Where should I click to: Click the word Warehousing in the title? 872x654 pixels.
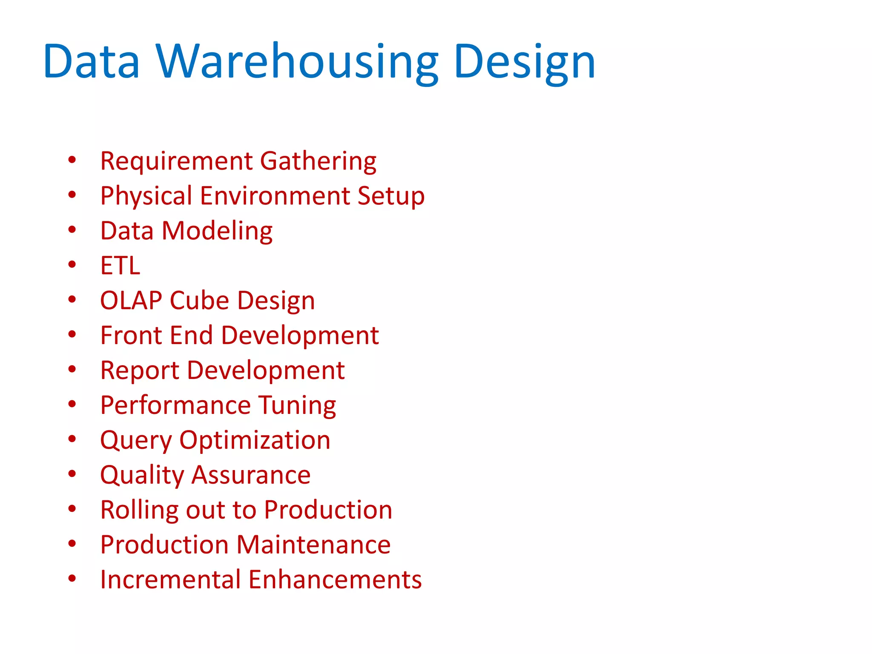297,62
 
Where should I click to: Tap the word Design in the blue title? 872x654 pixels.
525,62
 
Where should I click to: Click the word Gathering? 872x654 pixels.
318,161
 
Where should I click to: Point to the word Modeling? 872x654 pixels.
217,231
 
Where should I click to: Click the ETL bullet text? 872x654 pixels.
120,266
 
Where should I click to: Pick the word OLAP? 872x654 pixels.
131,301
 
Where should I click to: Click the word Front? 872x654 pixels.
131,336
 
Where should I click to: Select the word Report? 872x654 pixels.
140,370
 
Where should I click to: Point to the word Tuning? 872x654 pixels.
297,405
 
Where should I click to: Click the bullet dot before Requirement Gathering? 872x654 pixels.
72,160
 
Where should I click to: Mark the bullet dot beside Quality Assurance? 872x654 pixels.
72,473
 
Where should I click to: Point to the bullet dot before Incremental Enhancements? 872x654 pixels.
72,578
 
